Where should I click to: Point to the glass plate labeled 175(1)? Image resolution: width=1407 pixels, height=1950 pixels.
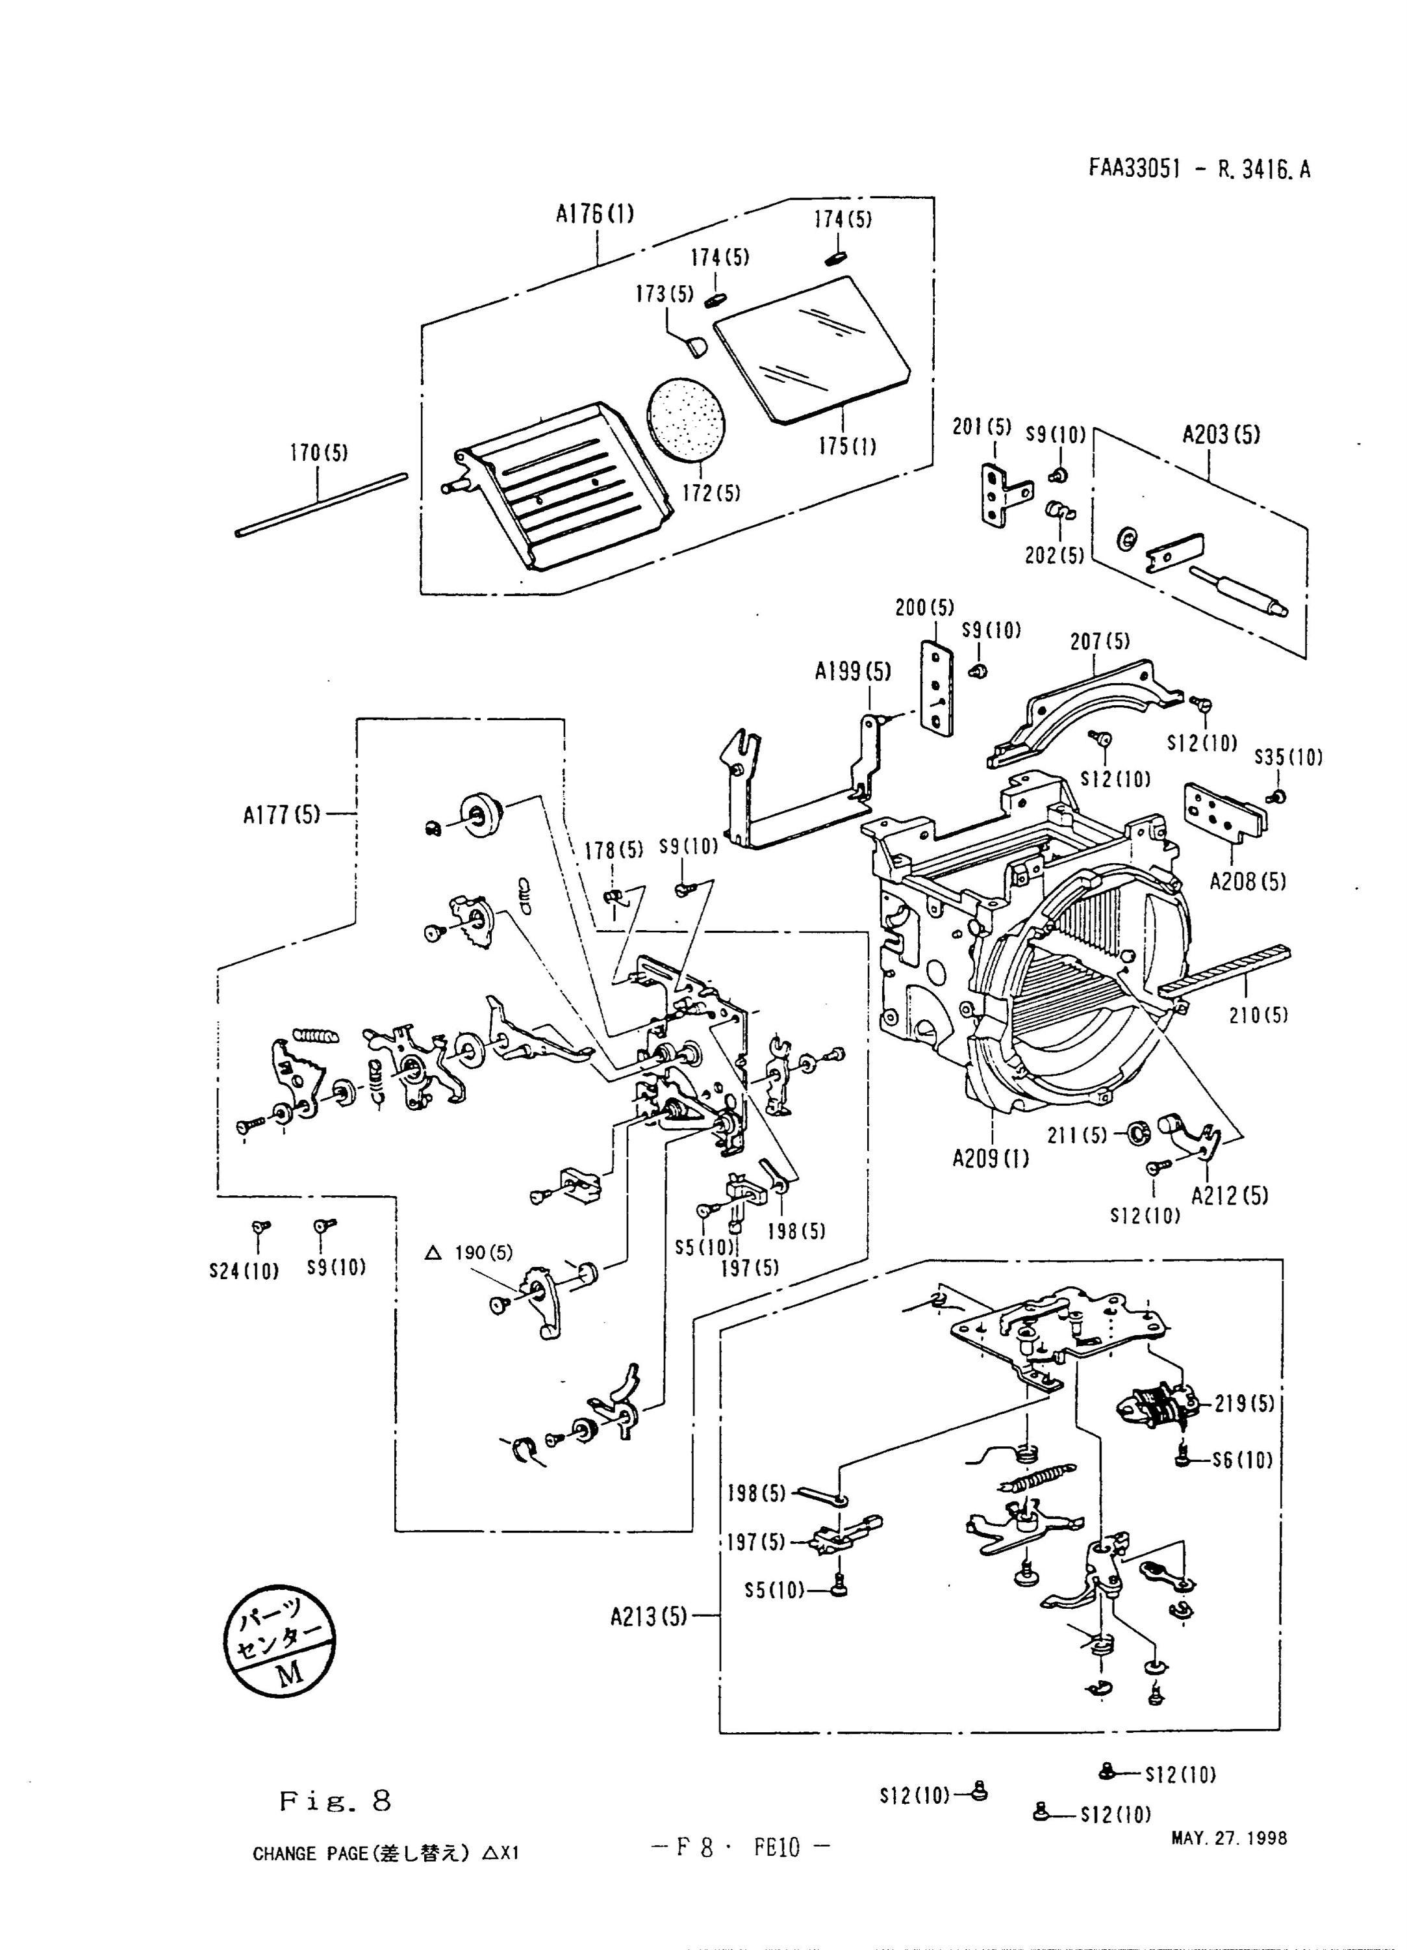click(x=811, y=348)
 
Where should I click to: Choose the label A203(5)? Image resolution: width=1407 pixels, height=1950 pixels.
click(x=1221, y=434)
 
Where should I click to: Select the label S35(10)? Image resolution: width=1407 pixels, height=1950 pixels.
click(x=1287, y=757)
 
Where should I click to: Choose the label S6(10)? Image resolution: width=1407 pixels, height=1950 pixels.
click(x=1242, y=1459)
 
